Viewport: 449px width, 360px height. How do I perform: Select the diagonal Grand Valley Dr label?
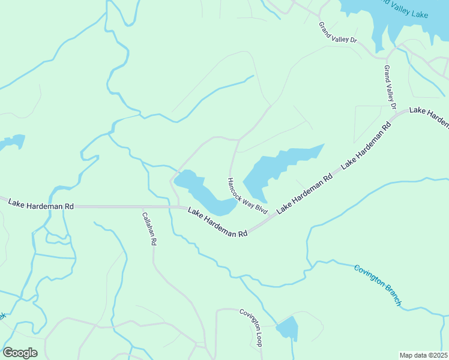click(338, 32)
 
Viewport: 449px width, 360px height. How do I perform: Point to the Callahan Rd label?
click(149, 229)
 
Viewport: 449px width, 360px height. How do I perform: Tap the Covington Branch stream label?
click(377, 285)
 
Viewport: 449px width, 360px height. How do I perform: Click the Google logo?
click(20, 353)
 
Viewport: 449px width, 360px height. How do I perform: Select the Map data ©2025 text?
click(423, 355)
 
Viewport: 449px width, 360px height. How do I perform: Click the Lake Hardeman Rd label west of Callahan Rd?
click(41, 204)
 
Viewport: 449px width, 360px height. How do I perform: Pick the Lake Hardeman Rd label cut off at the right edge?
click(429, 116)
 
